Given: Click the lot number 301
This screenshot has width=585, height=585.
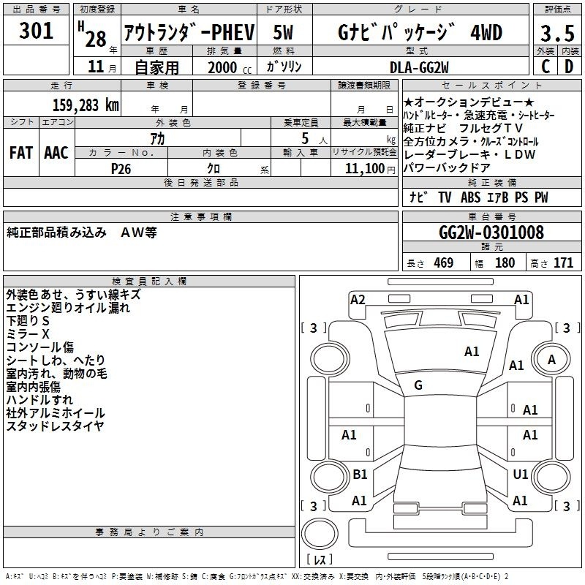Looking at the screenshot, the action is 36,31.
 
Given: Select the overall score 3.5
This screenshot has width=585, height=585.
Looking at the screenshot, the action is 557,33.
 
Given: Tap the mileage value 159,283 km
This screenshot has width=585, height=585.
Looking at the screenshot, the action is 86,105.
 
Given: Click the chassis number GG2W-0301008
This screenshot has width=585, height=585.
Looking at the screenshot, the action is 491,233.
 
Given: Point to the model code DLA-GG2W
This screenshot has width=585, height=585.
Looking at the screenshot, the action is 419,67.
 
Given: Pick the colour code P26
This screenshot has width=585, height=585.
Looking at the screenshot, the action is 121,169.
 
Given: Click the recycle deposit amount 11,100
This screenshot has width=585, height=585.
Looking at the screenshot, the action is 365,169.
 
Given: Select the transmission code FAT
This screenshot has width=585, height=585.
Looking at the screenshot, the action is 21,153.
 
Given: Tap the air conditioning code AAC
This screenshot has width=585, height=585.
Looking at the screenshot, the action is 56,153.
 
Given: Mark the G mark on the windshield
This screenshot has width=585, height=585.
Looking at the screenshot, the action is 418,385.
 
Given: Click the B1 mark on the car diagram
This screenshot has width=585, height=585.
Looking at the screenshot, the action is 360,474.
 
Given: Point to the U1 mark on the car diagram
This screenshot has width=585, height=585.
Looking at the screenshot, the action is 521,474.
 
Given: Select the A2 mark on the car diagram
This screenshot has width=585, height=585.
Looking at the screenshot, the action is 358,300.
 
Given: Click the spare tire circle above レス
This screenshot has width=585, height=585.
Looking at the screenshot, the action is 320,534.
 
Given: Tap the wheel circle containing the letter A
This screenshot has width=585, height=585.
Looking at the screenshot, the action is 551,360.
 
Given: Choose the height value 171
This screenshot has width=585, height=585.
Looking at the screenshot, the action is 563,263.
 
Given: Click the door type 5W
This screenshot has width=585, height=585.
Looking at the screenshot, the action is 283,32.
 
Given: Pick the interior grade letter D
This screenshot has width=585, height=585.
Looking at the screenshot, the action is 569,67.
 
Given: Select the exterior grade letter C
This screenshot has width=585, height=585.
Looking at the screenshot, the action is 546,67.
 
